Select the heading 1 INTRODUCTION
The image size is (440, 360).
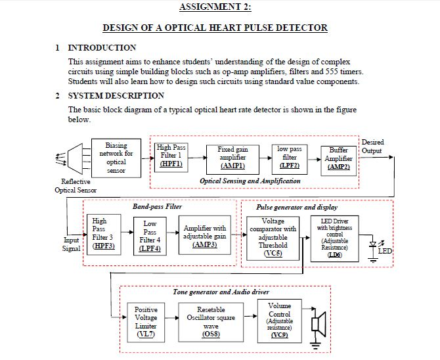(96, 48)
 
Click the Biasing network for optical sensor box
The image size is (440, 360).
(116, 158)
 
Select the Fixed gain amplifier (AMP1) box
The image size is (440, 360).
(233, 158)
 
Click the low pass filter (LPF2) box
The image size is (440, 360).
(290, 158)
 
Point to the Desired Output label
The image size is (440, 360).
(372, 146)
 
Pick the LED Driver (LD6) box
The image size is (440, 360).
(336, 237)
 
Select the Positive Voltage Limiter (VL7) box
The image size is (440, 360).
(146, 322)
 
